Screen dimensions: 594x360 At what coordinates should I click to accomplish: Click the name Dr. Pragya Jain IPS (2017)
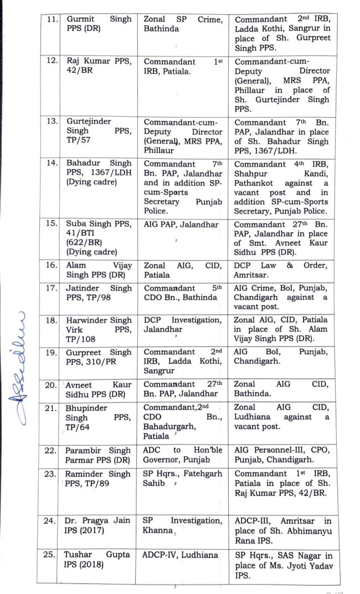(99, 525)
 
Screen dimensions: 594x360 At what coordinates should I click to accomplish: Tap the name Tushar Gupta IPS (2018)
(99, 560)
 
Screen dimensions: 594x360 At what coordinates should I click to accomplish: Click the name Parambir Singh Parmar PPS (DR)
(99, 455)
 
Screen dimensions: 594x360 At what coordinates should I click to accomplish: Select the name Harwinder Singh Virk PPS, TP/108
(99, 329)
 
